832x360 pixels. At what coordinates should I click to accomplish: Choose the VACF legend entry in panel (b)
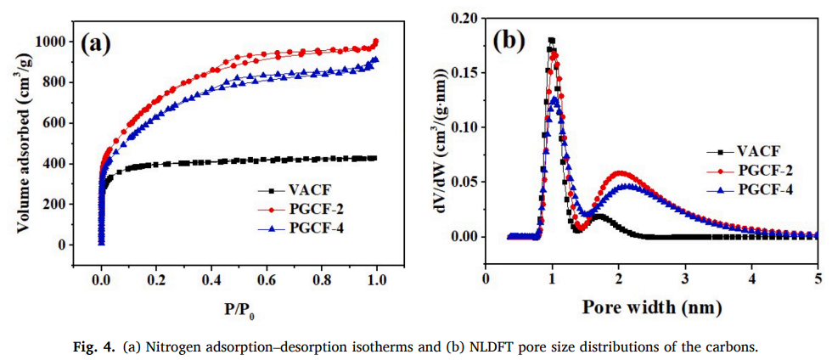(748, 152)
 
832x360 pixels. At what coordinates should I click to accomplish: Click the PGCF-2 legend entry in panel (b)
(754, 171)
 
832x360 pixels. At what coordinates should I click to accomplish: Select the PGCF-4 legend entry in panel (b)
(754, 189)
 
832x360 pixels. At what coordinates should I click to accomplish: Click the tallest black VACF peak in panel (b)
(551, 40)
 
